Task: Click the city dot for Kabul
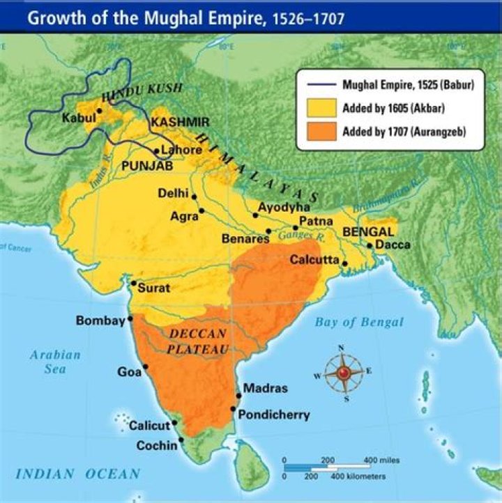100,111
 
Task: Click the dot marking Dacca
369,245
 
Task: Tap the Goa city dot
146,367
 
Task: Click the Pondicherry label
273,415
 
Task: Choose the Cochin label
157,444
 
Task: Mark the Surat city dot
133,283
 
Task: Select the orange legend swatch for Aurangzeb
320,132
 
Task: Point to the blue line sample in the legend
320,85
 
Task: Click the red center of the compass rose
342,374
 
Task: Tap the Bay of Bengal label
358,322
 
